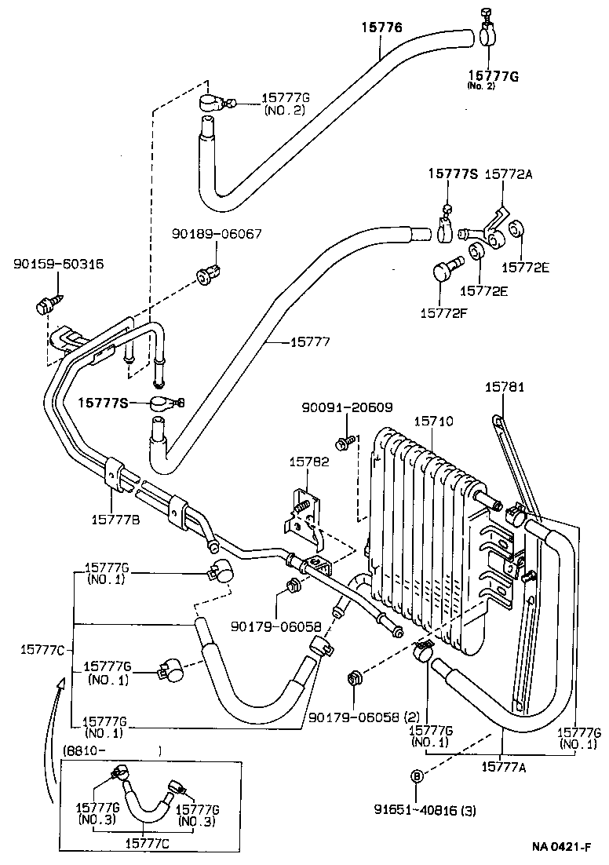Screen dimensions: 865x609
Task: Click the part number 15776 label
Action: click(381, 27)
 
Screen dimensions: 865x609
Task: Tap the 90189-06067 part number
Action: click(217, 234)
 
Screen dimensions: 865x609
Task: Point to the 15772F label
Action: click(442, 312)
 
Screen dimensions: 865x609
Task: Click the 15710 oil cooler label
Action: click(433, 422)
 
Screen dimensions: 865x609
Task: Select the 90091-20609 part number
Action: click(347, 407)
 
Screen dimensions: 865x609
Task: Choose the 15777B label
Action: click(115, 518)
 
